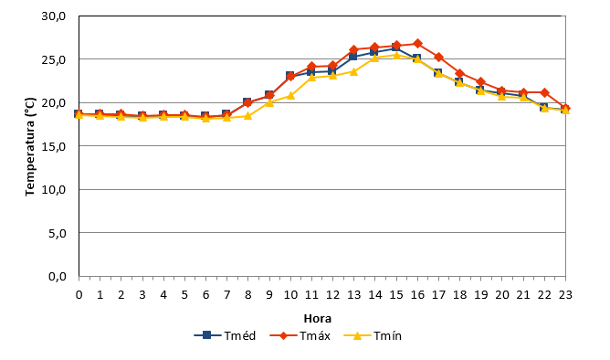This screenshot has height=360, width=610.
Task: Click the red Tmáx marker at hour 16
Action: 417,43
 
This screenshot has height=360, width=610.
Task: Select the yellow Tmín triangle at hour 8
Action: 247,116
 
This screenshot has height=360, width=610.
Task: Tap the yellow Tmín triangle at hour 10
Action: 290,95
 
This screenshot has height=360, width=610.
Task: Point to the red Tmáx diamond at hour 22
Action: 544,92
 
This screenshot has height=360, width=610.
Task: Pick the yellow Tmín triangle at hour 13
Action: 353,71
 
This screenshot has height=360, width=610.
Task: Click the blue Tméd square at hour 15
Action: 396,48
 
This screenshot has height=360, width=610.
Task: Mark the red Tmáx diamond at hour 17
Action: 439,58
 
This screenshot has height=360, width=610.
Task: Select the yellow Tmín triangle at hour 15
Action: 396,55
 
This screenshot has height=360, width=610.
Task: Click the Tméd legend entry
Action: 225,335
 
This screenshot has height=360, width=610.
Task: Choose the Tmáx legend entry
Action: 300,335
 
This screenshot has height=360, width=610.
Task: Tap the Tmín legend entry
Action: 373,335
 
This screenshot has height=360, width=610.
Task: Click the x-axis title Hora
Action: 318,318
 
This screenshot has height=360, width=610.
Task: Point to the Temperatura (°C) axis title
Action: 30,147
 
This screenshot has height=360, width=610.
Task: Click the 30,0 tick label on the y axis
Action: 54,16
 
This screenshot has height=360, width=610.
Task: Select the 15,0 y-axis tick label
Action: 54,147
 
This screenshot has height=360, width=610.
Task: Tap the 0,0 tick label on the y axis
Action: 58,277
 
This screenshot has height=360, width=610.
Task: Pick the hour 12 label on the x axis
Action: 332,294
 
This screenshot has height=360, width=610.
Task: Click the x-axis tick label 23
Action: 565,294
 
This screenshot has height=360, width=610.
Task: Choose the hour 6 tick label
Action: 205,294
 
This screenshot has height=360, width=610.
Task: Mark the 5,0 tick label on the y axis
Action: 58,234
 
